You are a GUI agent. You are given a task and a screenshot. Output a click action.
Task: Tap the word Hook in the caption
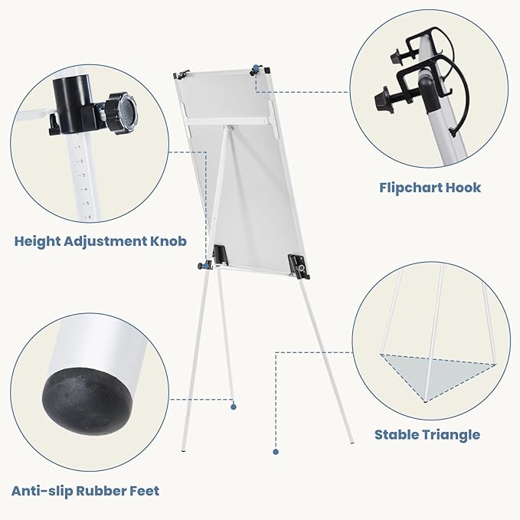pos(463,188)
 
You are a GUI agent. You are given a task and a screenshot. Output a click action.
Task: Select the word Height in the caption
pos(37,241)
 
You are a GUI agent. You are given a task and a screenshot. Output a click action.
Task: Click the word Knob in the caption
pos(168,241)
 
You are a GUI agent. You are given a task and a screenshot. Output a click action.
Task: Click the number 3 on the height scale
pos(83,175)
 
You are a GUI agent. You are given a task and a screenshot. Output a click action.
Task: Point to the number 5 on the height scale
pos(87,203)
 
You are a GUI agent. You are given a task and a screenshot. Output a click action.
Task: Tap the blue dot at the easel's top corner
pos(255,68)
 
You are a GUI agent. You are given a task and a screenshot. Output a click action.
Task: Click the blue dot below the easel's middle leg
pos(234,407)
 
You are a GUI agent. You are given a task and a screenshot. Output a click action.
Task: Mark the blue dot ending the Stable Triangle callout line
pos(276,451)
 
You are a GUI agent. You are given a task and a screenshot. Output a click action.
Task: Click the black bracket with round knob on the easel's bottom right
pos(299,266)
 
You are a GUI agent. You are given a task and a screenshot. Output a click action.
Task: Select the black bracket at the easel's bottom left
pos(220,255)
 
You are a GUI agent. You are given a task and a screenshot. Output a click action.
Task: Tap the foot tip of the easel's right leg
pos(352,442)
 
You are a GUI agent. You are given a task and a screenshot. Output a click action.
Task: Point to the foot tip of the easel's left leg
pos(184,450)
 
